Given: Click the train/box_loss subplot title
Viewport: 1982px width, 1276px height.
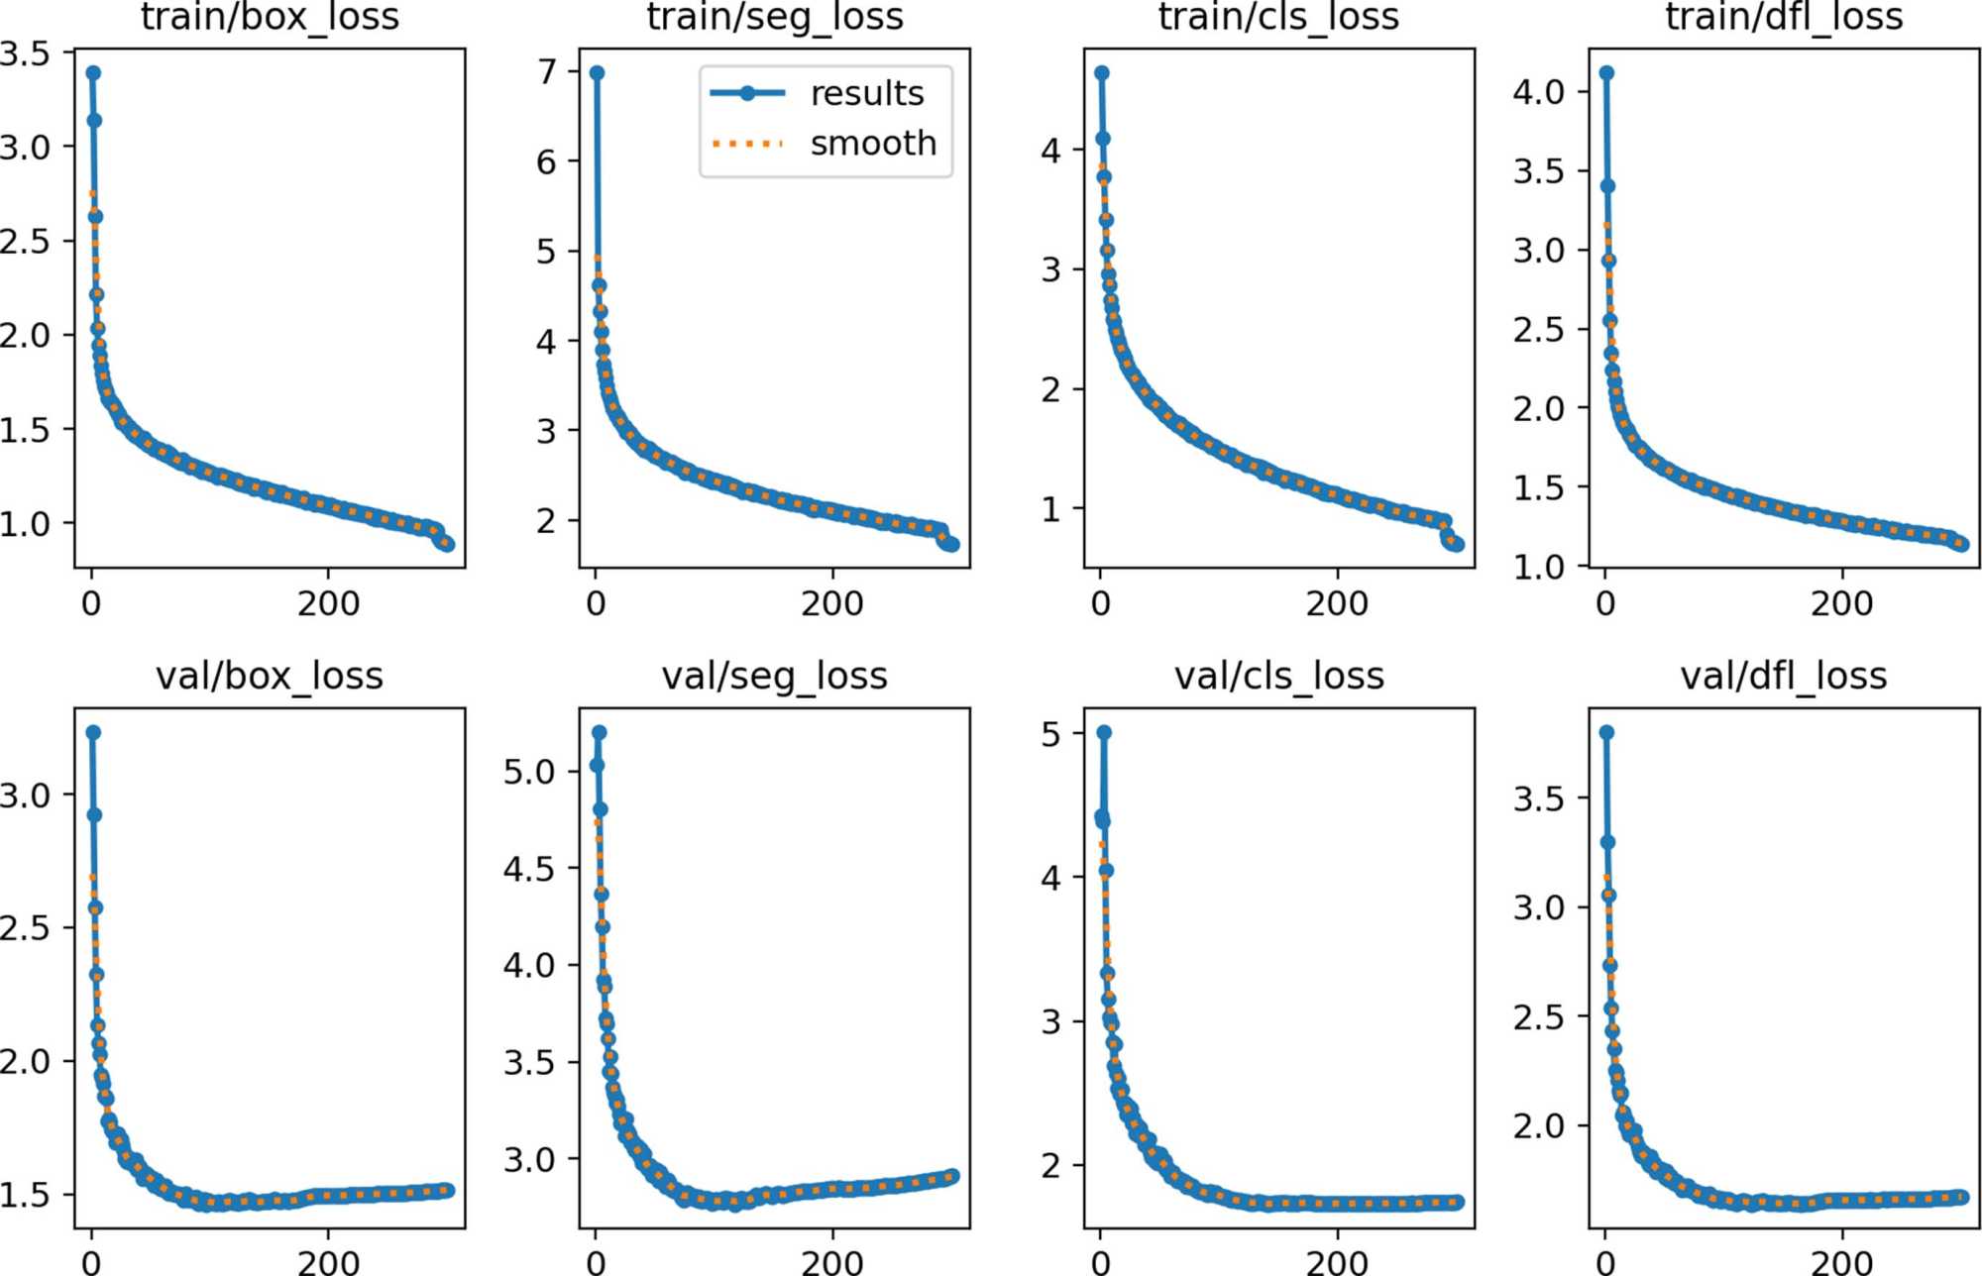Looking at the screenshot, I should [270, 16].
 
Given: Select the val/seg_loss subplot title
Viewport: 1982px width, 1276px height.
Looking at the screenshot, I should [774, 676].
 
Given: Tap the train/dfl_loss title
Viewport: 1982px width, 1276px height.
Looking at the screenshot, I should [1784, 16].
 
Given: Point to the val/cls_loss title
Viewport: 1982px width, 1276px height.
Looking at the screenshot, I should [1278, 676].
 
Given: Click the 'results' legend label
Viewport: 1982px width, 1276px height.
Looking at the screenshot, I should [866, 93].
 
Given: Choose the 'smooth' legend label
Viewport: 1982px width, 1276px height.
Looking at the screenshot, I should [873, 144].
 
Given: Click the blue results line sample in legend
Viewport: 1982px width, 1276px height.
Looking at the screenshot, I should [747, 93].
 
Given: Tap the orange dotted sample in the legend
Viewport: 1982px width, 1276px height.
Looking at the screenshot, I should [747, 144].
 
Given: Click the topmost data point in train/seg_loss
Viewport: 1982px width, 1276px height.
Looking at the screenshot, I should [597, 72].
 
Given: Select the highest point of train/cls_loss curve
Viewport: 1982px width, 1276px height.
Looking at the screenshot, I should [1102, 72].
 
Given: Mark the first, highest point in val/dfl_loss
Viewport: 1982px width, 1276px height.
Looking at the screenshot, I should [1606, 732].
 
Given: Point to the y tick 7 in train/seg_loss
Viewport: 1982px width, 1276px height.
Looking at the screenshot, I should [547, 71].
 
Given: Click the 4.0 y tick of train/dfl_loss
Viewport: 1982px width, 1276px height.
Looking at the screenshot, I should [1538, 92].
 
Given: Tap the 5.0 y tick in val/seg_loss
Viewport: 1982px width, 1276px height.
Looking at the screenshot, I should [528, 771].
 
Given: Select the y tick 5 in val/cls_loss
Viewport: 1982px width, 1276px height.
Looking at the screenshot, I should [1050, 734].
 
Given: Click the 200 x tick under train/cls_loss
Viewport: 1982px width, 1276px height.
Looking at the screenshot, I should [1337, 603].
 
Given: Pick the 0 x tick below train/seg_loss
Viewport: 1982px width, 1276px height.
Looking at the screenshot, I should [596, 603].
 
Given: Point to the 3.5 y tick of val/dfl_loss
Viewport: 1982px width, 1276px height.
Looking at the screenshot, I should [1538, 797].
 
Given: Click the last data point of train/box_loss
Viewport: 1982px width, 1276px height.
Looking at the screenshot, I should [447, 544].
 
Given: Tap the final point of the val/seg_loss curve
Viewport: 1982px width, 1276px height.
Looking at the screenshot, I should [952, 1176].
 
